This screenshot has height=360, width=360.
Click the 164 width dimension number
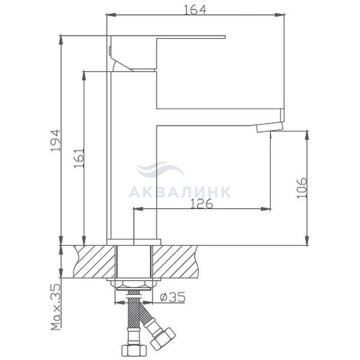pos(195,9)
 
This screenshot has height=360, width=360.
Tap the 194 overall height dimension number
pos(56,140)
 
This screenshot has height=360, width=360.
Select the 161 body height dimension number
pos(79,158)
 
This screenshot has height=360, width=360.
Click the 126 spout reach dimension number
pos(202,204)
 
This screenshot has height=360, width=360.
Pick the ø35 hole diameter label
pos(172,297)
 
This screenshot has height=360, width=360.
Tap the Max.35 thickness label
pos(56,307)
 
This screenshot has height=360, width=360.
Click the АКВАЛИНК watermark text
pos(180,192)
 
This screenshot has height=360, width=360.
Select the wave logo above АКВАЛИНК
pos(160,169)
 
